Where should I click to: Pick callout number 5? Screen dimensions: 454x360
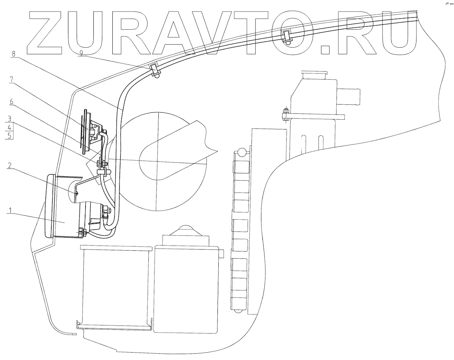coord(10,135)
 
